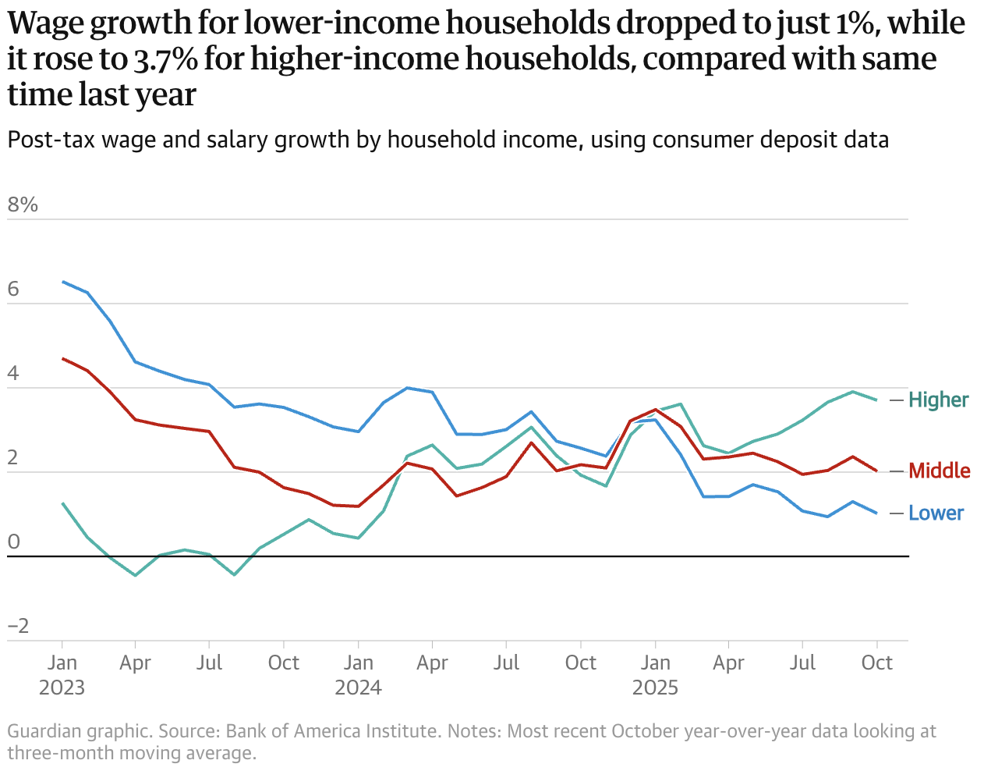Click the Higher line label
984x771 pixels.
(x=938, y=400)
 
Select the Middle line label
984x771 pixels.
(x=940, y=471)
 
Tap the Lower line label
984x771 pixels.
(x=936, y=513)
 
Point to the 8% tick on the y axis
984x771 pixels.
(x=23, y=205)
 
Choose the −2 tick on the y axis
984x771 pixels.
(x=18, y=626)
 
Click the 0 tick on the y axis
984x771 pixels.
(x=13, y=542)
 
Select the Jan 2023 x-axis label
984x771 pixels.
(x=62, y=675)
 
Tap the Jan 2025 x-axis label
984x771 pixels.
(x=655, y=675)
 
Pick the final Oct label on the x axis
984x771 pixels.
(x=877, y=663)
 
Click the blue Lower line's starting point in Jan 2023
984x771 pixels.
(x=62, y=282)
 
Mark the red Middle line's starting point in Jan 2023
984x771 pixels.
(x=62, y=358)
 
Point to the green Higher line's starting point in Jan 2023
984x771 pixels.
(x=62, y=503)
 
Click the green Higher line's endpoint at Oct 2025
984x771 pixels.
(x=877, y=400)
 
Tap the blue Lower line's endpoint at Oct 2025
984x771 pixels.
(x=877, y=513)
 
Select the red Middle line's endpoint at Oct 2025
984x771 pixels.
(x=877, y=471)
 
